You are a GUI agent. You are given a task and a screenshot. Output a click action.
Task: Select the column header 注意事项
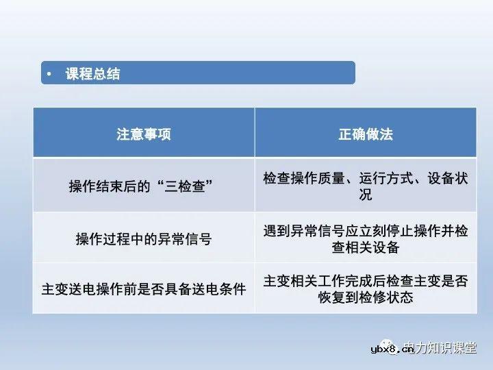(143, 134)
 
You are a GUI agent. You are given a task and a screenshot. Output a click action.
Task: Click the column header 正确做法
(366, 134)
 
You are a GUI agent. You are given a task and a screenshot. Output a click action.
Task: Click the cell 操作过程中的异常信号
(143, 239)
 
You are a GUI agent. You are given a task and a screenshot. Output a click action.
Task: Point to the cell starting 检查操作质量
(366, 186)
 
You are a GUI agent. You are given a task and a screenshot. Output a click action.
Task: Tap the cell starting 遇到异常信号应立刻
(366, 239)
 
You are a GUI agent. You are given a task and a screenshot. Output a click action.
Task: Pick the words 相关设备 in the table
(372, 247)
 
